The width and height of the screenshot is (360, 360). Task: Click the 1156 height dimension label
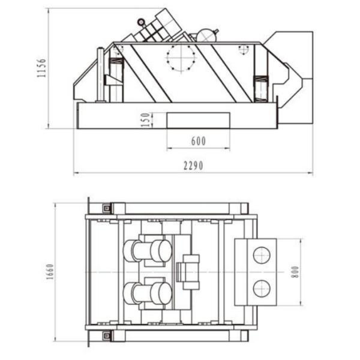pyautogui.click(x=42, y=68)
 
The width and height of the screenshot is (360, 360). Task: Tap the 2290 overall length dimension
pyautogui.click(x=193, y=166)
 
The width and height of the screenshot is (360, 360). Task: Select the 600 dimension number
pyautogui.click(x=199, y=141)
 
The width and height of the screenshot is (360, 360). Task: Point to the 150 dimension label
pyautogui.click(x=145, y=119)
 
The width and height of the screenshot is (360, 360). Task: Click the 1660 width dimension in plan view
pyautogui.click(x=50, y=272)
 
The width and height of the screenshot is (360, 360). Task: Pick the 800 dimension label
pyautogui.click(x=295, y=272)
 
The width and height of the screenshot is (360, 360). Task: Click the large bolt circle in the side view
pyautogui.click(x=181, y=58)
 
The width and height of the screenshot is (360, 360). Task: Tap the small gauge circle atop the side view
pyautogui.click(x=141, y=22)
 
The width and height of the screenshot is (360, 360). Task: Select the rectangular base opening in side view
pyautogui.click(x=199, y=120)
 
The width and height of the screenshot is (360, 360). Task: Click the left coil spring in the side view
pyautogui.click(x=116, y=62)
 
